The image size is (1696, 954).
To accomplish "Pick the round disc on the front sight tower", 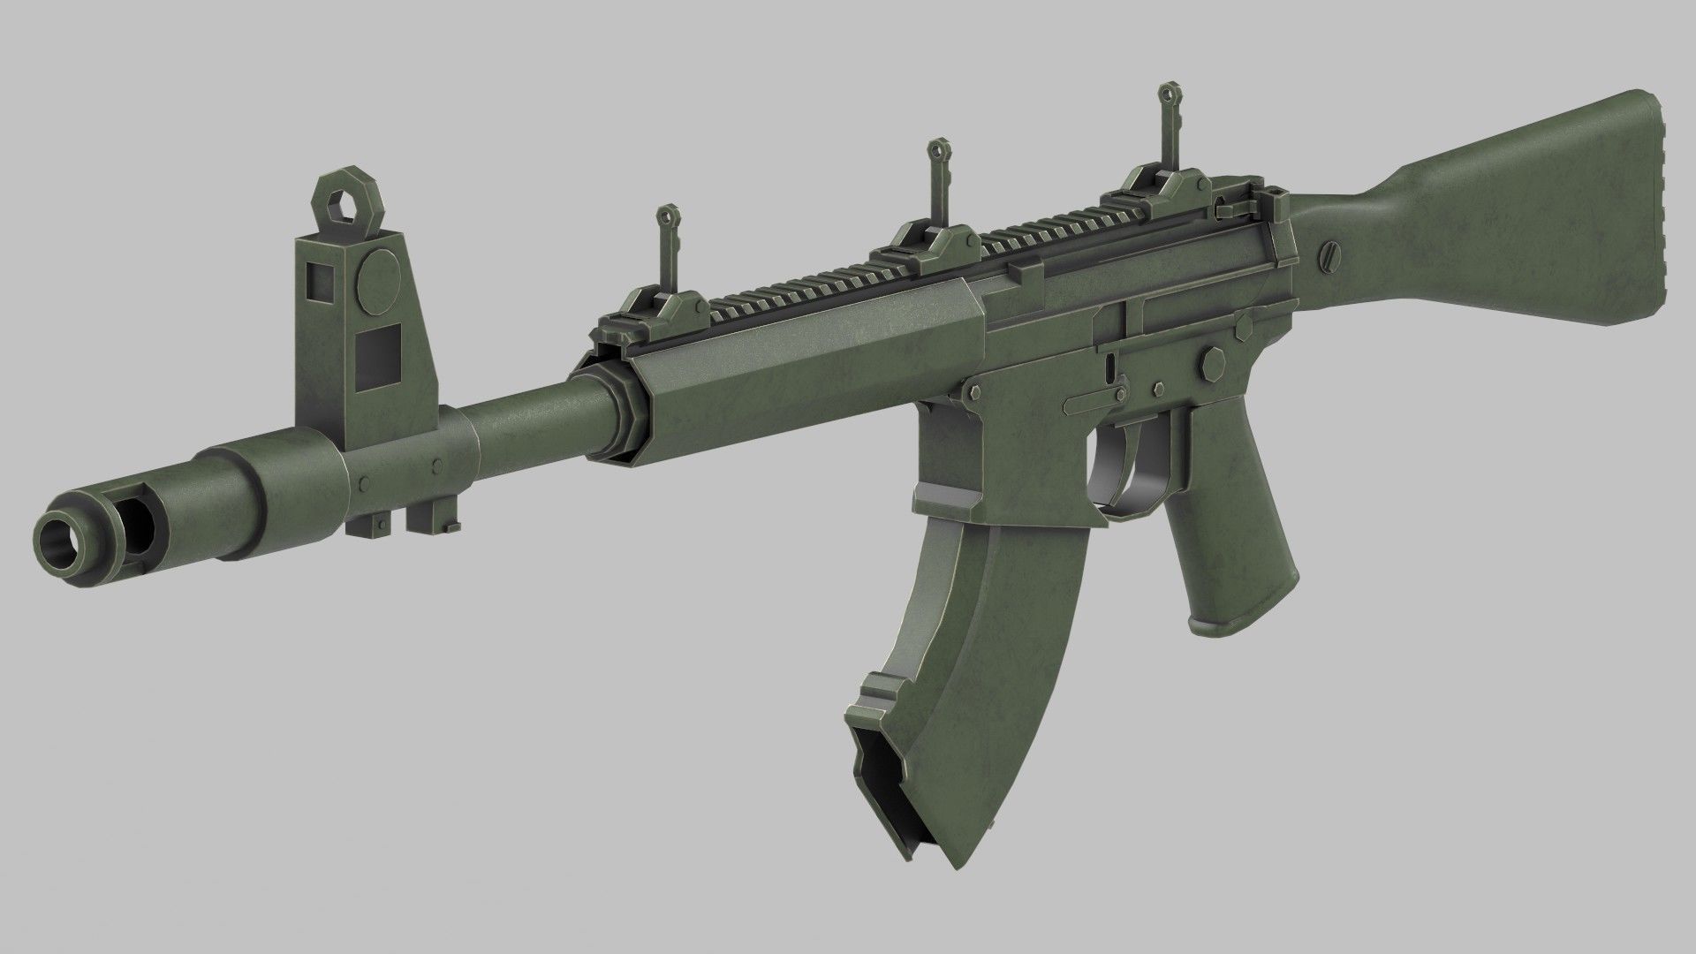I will click(x=378, y=275).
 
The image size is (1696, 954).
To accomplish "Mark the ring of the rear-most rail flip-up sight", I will click(x=1167, y=91).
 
